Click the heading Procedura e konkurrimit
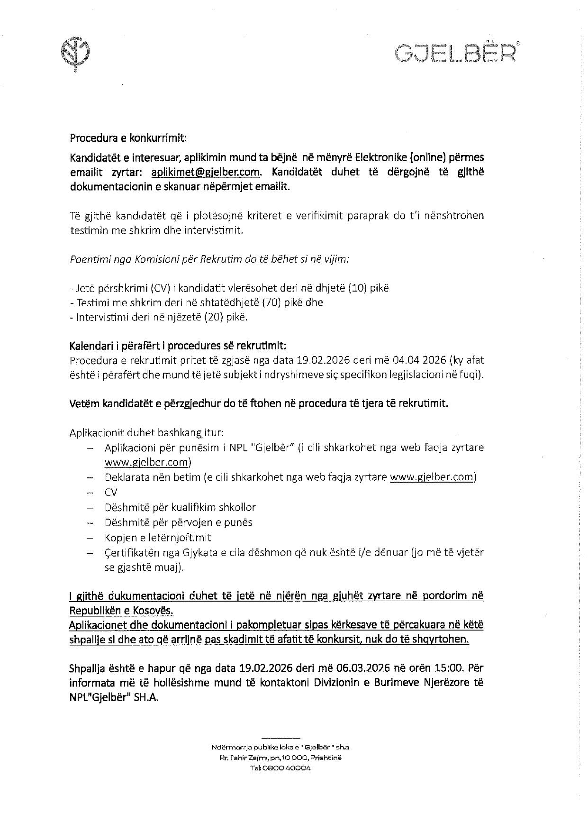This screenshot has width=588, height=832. (x=128, y=138)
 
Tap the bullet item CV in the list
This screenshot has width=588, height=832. (x=111, y=492)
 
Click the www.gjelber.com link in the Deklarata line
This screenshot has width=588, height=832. (x=433, y=477)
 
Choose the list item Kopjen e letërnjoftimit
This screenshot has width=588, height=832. (x=158, y=538)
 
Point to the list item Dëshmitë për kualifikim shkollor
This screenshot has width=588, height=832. (x=180, y=507)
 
